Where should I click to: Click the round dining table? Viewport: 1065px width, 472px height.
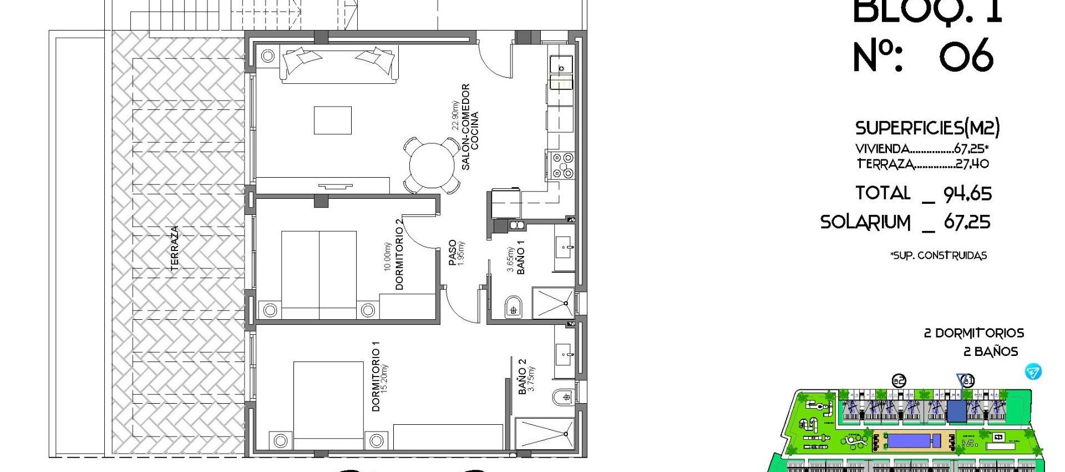click(432, 165)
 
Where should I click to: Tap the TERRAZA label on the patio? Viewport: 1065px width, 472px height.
click(175, 248)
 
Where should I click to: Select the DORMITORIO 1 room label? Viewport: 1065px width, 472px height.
click(377, 376)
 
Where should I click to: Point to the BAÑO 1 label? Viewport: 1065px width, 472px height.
click(520, 257)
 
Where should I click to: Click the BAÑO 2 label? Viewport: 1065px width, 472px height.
click(522, 376)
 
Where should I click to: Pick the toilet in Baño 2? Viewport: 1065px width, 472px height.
click(563, 397)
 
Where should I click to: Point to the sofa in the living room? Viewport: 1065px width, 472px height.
click(339, 64)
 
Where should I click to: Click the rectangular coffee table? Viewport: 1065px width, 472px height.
click(333, 120)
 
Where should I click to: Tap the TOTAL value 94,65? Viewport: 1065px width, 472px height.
click(967, 194)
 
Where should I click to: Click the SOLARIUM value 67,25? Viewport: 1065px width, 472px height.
click(967, 223)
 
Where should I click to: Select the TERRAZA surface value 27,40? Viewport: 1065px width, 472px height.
click(972, 164)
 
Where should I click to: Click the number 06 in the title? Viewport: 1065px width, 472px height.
click(966, 56)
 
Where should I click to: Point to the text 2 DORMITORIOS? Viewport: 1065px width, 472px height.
click(973, 333)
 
